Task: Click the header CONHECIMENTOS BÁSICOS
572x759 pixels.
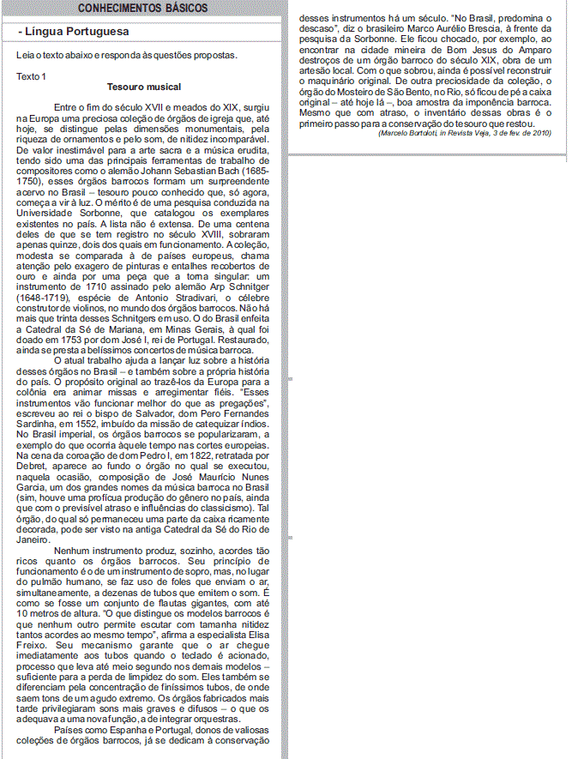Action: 142,8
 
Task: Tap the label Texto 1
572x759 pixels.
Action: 32,76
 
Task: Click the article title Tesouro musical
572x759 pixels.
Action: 144,87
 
